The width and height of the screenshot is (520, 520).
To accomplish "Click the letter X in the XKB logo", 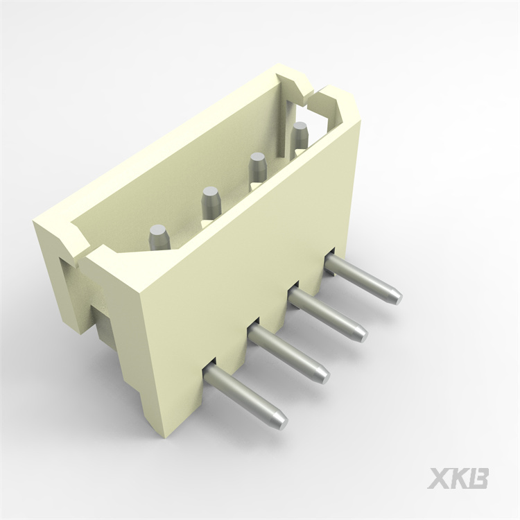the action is click(438, 478).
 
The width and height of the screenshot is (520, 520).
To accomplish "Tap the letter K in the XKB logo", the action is click(459, 478).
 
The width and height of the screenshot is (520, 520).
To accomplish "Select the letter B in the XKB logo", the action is click(478, 478).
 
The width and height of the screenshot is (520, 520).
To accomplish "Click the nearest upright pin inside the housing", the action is click(159, 236).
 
